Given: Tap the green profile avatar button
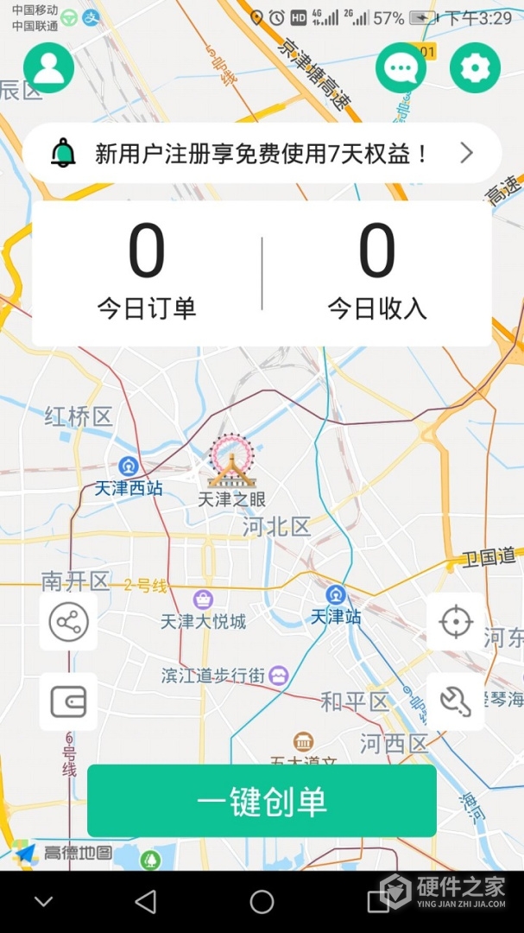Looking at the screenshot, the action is point(48,67).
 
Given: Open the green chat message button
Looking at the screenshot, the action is point(401,67).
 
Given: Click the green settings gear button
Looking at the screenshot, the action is point(475,67).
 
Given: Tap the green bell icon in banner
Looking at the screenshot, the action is point(62,154).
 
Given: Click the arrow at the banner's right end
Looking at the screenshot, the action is point(466,154).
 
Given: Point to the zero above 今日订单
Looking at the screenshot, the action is point(147,251).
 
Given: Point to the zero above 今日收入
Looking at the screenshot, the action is point(377,251).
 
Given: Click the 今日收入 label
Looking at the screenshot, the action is point(377,308).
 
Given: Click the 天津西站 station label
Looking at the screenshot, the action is point(129,489).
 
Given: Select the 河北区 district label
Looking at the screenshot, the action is point(276,526).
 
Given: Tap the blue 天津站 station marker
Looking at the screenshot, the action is point(336,595).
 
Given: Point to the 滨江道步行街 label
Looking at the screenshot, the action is point(213,676).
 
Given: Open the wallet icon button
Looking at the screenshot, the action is point(68,701).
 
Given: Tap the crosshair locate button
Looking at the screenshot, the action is point(455,622).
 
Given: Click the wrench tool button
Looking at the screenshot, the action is point(455,701).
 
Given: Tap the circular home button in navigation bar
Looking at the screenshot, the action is point(262,902).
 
